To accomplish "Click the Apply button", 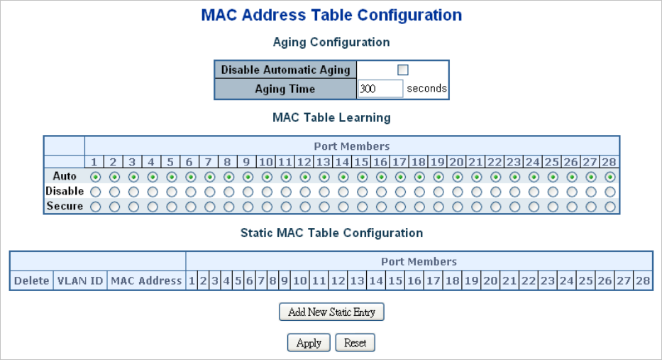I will (x=309, y=343).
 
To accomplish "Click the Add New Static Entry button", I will (x=331, y=312).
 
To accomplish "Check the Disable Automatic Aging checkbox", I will (x=403, y=70).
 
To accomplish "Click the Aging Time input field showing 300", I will (x=380, y=89).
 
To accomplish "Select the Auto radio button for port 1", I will (x=95, y=176).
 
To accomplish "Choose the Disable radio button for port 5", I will (x=171, y=191).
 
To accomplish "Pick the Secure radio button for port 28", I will (x=609, y=207).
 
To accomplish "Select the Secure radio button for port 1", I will (x=95, y=207).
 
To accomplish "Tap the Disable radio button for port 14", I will (x=343, y=191).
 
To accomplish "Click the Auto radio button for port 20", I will (x=457, y=176).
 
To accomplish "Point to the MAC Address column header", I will (x=146, y=281).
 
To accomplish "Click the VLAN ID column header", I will (x=79, y=281).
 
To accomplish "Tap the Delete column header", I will (x=31, y=281).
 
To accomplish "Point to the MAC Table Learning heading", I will (x=331, y=117).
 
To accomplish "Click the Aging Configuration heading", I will (x=331, y=43).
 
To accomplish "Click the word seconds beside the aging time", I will (x=426, y=89).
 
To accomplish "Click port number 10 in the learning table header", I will (x=266, y=162).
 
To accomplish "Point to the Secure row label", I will (x=65, y=207).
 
